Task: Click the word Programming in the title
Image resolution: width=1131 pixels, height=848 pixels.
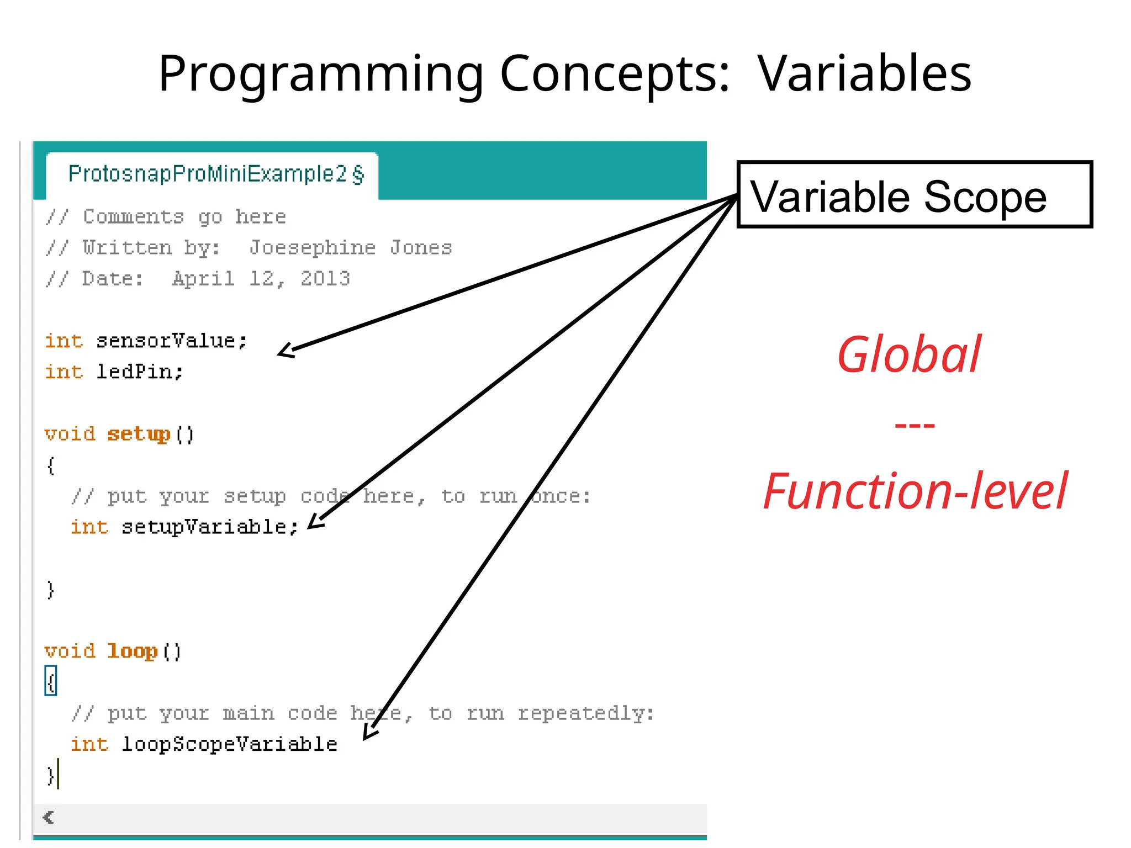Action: pyautogui.click(x=321, y=75)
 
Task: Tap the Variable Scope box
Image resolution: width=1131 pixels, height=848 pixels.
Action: pyautogui.click(x=915, y=195)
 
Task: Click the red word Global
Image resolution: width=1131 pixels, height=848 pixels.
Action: pyautogui.click(x=909, y=354)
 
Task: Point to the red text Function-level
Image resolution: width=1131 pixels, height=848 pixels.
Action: pyautogui.click(x=915, y=491)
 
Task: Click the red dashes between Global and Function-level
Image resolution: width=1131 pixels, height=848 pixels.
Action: pyautogui.click(x=915, y=425)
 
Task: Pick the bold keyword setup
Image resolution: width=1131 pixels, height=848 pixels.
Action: pyautogui.click(x=139, y=434)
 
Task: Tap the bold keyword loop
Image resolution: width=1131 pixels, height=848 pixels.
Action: pyautogui.click(x=133, y=651)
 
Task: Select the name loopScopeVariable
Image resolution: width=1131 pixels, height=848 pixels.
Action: pyautogui.click(x=229, y=744)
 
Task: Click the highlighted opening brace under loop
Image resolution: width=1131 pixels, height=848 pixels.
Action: pyautogui.click(x=51, y=682)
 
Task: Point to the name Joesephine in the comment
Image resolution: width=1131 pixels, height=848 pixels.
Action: pyautogui.click(x=313, y=248)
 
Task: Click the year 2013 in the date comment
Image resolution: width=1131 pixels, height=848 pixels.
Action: pyautogui.click(x=325, y=279)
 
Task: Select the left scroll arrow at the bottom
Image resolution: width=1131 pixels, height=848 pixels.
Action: pyautogui.click(x=49, y=817)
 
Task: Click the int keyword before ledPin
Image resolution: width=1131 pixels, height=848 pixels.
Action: pyautogui.click(x=64, y=372)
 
